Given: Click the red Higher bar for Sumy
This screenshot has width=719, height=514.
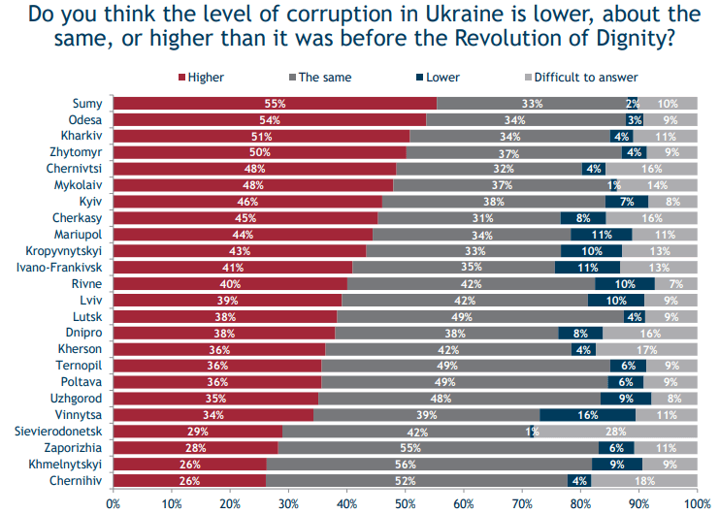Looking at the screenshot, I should click(x=275, y=103).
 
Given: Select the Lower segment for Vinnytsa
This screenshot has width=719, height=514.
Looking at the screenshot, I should click(x=587, y=415).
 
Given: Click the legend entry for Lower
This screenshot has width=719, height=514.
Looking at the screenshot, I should click(x=437, y=77).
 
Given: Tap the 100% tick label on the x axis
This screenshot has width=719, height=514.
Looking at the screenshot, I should click(x=697, y=504).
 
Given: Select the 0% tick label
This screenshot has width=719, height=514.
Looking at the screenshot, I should click(x=114, y=504).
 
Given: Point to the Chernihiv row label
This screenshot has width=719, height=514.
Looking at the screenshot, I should click(x=81, y=481).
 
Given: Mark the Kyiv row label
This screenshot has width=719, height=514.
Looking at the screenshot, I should click(x=92, y=202).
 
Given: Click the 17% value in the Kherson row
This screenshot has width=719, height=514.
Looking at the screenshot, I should click(x=645, y=349).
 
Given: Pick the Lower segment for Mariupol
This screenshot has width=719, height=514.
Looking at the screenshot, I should click(x=602, y=235).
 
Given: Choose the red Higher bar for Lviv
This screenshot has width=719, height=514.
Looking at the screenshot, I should click(x=227, y=301).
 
